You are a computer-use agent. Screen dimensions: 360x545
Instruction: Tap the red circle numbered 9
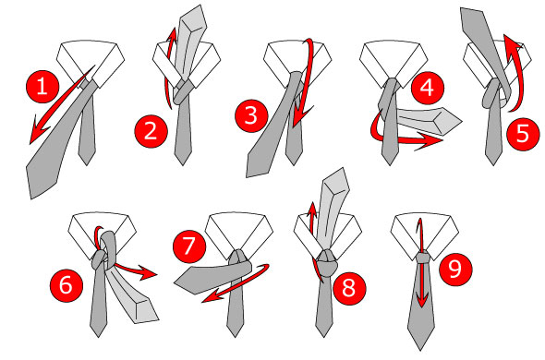coord(453,270)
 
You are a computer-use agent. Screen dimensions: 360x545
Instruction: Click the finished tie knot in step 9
coord(421,255)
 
